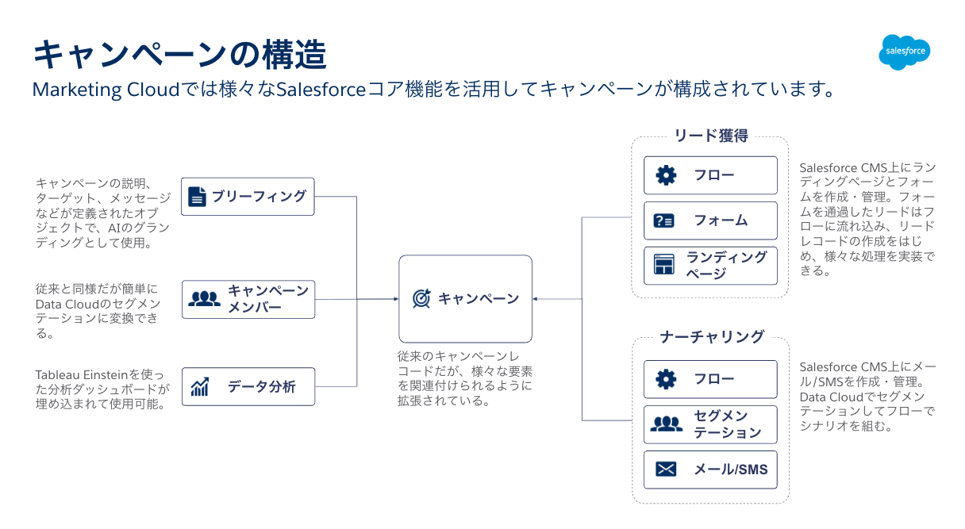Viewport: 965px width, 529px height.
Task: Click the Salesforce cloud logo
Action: coord(904,52)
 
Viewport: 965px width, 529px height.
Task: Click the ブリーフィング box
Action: coord(248,197)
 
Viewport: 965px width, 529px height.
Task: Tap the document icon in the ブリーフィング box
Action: coord(197,197)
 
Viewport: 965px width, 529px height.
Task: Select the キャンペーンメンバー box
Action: coord(248,300)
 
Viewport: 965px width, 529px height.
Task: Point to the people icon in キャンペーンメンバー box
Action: coord(204,299)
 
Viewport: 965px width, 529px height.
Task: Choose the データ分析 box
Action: coord(248,386)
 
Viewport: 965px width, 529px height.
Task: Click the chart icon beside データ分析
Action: coord(200,386)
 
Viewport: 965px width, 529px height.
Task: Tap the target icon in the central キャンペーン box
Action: coord(421,298)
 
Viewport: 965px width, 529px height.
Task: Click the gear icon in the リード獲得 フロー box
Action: coord(666,175)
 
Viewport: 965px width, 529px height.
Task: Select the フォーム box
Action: coord(710,220)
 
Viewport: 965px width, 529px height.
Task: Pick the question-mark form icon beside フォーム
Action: coord(664,220)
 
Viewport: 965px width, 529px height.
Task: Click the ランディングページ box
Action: coord(710,266)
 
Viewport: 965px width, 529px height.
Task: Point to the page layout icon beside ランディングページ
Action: coord(664,264)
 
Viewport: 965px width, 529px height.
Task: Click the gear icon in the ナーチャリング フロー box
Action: coord(666,380)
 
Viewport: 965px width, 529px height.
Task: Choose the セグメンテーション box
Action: coord(710,424)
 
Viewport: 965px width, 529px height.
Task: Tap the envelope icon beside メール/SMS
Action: coord(666,470)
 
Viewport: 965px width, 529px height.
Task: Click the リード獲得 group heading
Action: coord(711,136)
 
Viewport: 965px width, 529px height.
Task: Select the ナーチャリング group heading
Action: coord(712,336)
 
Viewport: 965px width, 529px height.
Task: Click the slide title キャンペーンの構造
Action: coord(179,55)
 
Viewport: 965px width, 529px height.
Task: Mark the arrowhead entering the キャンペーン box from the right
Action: coord(535,299)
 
